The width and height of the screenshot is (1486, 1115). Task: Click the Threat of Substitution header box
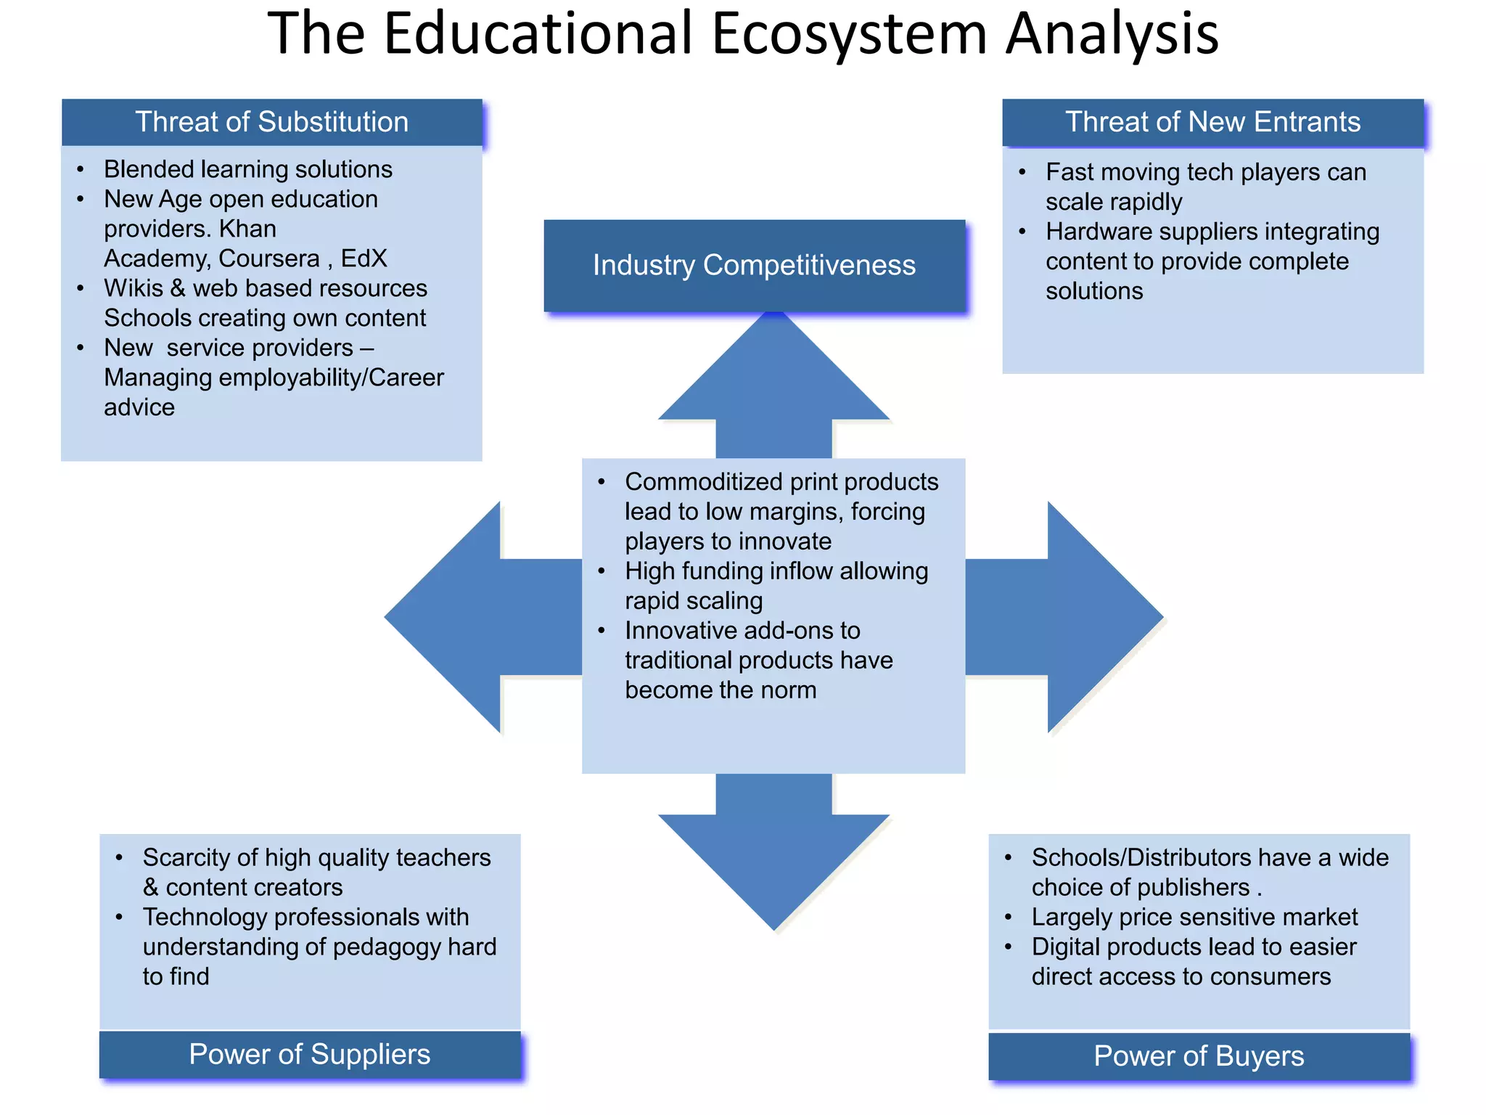271,122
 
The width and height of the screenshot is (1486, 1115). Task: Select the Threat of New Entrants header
1212,122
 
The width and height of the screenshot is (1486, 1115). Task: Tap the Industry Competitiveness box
754,266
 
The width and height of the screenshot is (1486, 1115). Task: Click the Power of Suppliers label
310,1055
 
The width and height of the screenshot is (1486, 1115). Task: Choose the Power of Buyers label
1199,1056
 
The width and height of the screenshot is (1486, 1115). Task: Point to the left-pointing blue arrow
464,617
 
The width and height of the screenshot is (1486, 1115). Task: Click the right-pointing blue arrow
1074,617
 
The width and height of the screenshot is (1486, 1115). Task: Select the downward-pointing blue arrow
773,857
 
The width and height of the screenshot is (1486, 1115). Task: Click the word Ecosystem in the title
849,33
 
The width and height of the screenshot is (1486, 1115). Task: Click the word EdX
364,258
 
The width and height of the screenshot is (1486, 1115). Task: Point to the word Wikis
134,288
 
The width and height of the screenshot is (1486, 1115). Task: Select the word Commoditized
702,482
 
